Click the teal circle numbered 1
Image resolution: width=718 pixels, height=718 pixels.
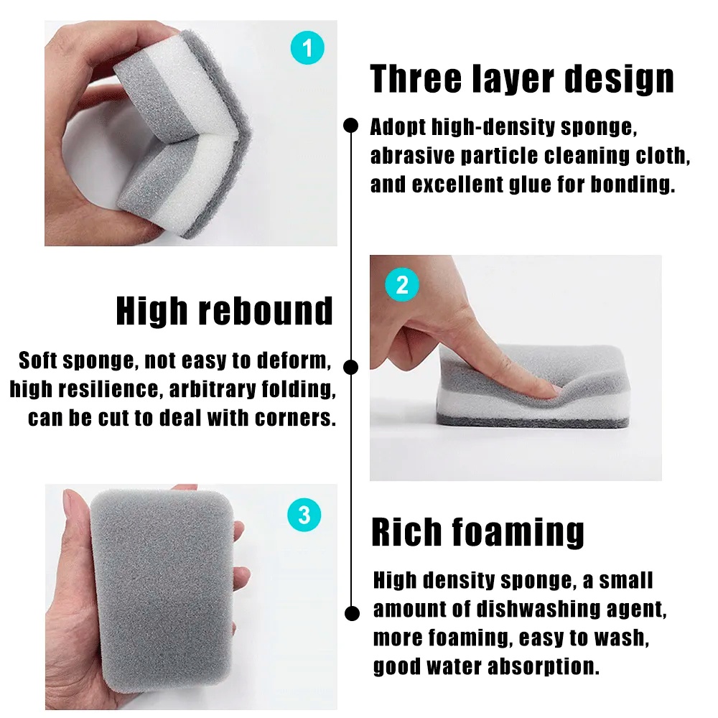307,49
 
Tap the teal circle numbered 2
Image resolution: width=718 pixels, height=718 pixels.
401,285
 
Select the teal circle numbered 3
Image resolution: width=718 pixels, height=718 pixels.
304,515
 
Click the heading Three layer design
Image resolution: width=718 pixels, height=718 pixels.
522,78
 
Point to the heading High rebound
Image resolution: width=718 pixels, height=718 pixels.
225,311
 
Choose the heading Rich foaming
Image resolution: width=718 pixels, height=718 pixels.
477,532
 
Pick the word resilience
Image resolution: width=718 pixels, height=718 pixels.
116,389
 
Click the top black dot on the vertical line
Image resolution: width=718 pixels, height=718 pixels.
350,126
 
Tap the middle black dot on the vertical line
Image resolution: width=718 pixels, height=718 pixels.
350,367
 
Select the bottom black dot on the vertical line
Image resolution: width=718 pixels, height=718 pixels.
351,613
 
